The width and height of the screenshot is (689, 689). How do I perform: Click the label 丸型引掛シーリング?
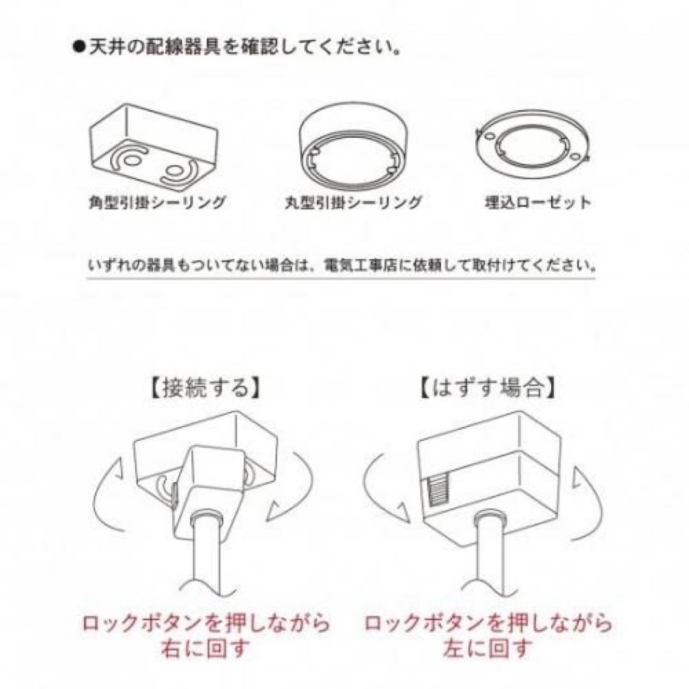353,204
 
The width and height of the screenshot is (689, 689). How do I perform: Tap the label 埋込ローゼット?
537,204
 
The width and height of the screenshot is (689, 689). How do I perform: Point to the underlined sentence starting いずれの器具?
341,263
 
